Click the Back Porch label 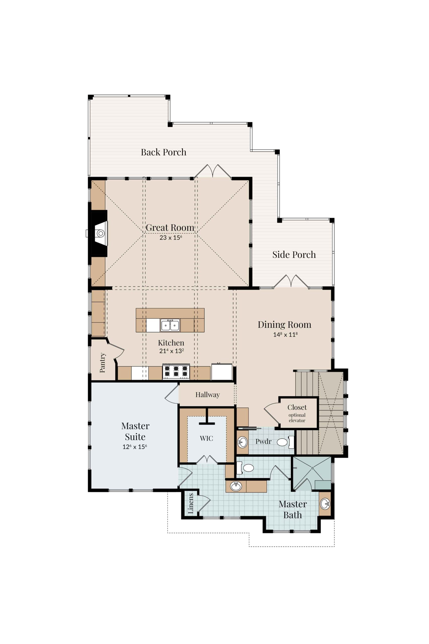pos(163,152)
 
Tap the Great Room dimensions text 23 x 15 pos(171,237)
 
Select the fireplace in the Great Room pos(99,233)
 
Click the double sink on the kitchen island pos(170,325)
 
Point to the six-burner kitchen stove pos(176,372)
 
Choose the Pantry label pos(102,363)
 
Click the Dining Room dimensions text pos(285,334)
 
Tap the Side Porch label pos(294,255)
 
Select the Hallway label pos(207,394)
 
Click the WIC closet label pos(206,438)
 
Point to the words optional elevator pos(297,418)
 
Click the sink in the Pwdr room pos(242,442)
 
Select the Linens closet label pos(191,503)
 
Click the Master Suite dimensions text pos(135,447)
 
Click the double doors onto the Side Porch pos(291,281)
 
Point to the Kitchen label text pos(171,343)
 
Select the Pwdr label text pos(263,441)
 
